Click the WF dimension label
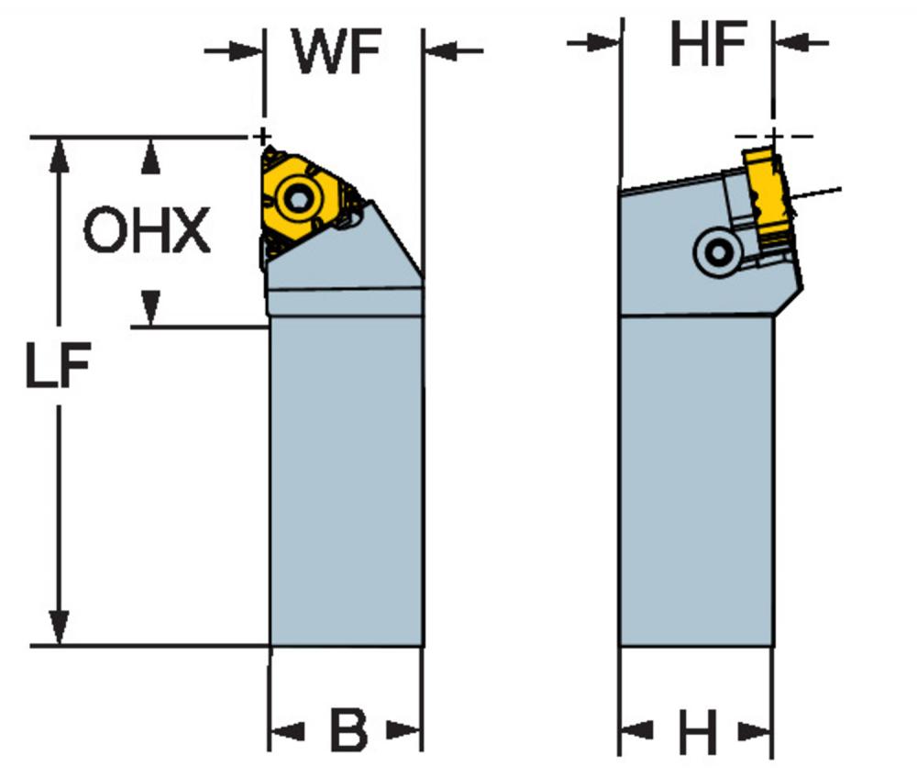click(x=337, y=51)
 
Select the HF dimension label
click(x=708, y=43)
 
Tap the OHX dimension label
click(x=147, y=230)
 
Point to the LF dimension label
click(x=58, y=365)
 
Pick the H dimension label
click(x=697, y=731)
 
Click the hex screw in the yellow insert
click(x=297, y=200)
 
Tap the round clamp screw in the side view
click(x=718, y=252)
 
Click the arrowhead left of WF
click(x=246, y=50)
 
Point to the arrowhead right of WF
click(x=442, y=50)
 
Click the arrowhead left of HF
click(x=603, y=42)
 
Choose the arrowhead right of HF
click(x=791, y=42)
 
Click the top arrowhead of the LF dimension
click(x=59, y=156)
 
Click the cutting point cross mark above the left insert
click(x=262, y=138)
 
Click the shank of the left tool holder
click(x=347, y=481)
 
